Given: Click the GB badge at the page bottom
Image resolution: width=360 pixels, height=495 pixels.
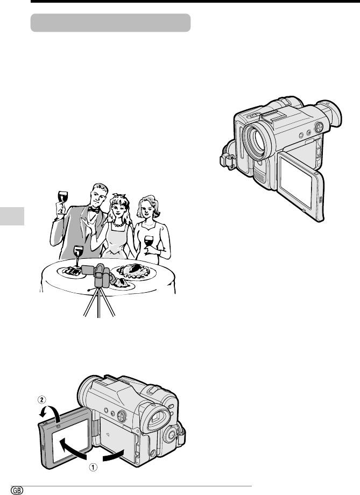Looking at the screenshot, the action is pos(17,490).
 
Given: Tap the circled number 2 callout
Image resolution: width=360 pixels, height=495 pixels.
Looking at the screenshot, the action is pos(41,400).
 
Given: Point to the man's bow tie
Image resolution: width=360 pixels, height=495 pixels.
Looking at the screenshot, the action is pos(94,209).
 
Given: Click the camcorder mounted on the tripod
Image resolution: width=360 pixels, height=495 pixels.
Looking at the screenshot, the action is pos(98,275).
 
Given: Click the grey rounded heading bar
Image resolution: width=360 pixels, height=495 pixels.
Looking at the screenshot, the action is pos(110,23).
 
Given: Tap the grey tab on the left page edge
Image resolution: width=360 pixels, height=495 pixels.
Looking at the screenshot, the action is pos(12,216).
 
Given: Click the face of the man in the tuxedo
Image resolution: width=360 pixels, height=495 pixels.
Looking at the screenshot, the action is pos(99,199).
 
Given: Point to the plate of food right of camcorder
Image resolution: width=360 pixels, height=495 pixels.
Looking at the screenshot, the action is pos(134,272).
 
